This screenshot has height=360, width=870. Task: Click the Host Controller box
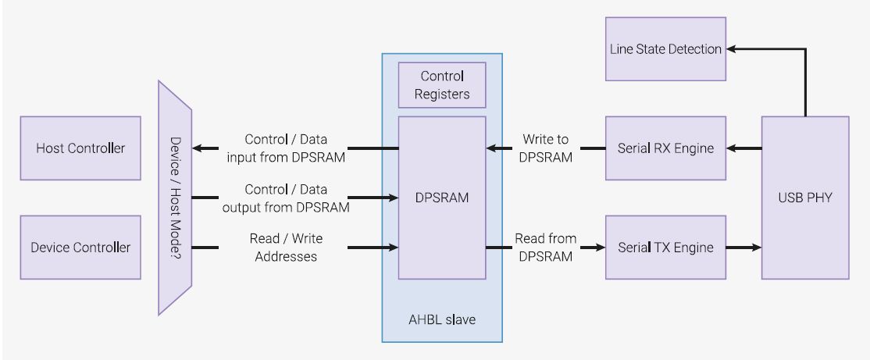[80, 148]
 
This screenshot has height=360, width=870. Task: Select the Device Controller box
[80, 248]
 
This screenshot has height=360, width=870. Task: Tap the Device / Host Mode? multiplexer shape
[175, 198]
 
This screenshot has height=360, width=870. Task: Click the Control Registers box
[442, 85]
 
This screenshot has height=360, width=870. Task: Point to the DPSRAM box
[442, 198]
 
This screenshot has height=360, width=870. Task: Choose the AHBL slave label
[441, 319]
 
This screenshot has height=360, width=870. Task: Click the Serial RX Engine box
[665, 148]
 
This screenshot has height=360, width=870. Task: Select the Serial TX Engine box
[665, 248]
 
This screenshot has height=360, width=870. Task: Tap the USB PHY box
[805, 198]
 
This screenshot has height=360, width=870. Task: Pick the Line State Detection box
[665, 49]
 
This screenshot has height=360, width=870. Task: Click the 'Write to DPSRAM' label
[546, 148]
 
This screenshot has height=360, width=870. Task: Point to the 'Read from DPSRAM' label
[546, 247]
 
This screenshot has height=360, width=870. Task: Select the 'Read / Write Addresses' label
[286, 247]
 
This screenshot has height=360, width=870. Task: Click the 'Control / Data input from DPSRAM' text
[286, 148]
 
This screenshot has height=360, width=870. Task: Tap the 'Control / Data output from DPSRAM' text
[286, 198]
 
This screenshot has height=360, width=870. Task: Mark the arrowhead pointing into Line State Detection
[732, 49]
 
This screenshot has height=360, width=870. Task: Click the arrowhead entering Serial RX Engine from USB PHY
[732, 148]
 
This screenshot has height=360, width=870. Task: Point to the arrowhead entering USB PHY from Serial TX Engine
[756, 248]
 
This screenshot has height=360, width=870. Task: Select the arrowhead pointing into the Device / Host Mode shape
[197, 148]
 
